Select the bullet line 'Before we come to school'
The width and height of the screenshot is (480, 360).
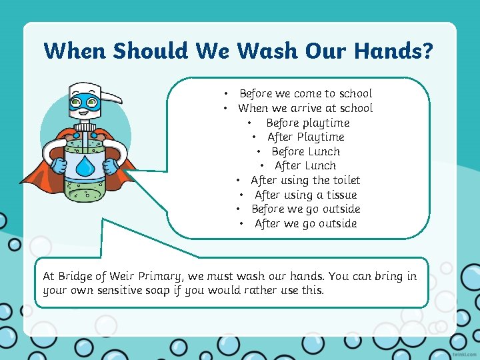[x=305, y=94]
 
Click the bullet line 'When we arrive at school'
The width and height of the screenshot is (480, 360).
[x=305, y=108]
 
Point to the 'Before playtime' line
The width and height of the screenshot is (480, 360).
[x=307, y=123]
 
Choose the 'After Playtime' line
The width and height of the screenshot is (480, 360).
[x=305, y=137]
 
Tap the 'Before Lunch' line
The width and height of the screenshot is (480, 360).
[x=305, y=151]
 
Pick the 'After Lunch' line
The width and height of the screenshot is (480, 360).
[x=305, y=166]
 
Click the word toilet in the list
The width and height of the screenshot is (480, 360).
[x=346, y=180]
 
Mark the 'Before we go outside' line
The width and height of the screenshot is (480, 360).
[x=305, y=209]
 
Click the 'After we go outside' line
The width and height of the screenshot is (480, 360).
[x=305, y=223]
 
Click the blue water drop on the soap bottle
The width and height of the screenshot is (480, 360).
[x=85, y=167]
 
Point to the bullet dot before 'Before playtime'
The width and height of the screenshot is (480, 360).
[x=249, y=123]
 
